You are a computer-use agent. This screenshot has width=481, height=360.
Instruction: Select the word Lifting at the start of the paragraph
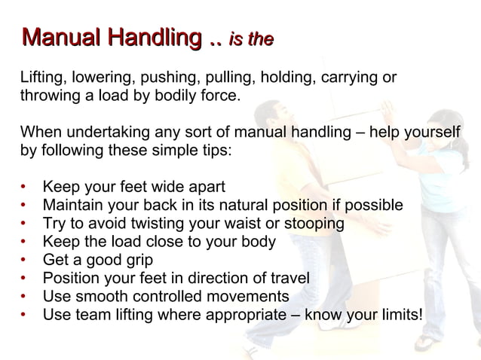(x=41, y=78)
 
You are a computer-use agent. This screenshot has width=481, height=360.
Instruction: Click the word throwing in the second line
(x=48, y=96)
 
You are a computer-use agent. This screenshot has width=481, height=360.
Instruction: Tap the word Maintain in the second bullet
(x=73, y=206)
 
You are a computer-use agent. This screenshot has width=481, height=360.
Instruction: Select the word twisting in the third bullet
(x=156, y=224)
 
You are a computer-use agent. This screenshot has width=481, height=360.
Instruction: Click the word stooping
(x=314, y=224)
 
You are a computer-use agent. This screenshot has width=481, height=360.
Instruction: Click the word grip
(x=137, y=260)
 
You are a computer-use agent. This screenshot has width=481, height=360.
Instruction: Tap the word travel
(x=290, y=278)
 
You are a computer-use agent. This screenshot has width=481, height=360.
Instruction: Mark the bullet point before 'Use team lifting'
(x=25, y=314)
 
